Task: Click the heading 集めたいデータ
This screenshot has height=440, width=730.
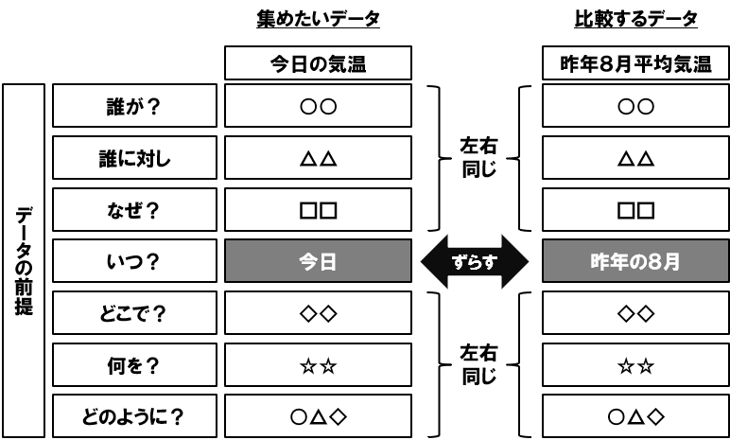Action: point(318,19)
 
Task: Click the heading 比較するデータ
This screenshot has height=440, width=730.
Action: point(635,19)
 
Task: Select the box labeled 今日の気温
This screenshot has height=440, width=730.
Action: point(318,62)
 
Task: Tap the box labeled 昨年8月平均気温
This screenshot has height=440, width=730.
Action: point(636,62)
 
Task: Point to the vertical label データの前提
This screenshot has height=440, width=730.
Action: point(24,260)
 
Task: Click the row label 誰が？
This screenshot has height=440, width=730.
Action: point(134,105)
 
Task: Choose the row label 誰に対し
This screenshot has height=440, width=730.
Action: point(134,157)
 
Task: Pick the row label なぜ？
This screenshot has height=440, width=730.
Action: point(134,210)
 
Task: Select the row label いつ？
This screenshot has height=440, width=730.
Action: point(134,261)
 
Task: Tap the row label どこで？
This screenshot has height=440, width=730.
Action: point(134,313)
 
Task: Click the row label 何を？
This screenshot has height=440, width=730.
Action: point(134,365)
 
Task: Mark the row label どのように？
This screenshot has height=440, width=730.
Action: point(134,416)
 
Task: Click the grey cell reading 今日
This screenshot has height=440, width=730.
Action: point(318,261)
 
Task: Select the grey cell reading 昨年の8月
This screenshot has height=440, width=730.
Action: point(636,261)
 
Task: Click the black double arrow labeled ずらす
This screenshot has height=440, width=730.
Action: point(475,261)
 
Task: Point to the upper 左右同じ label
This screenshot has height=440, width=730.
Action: point(478,157)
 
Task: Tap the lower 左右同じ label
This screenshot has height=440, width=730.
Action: point(478,364)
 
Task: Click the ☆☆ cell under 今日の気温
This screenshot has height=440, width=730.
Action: point(318,365)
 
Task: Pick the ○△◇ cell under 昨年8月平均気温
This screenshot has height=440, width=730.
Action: point(636,416)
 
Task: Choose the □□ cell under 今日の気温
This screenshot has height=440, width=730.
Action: point(318,210)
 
